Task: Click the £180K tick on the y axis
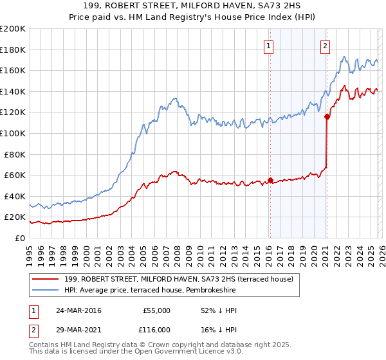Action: (x=13, y=50)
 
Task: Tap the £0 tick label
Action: (x=21, y=238)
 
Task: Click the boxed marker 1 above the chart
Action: (x=268, y=46)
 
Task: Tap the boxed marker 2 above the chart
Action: (x=326, y=46)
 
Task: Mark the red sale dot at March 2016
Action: (x=270, y=180)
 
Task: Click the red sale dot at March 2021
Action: (x=327, y=116)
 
